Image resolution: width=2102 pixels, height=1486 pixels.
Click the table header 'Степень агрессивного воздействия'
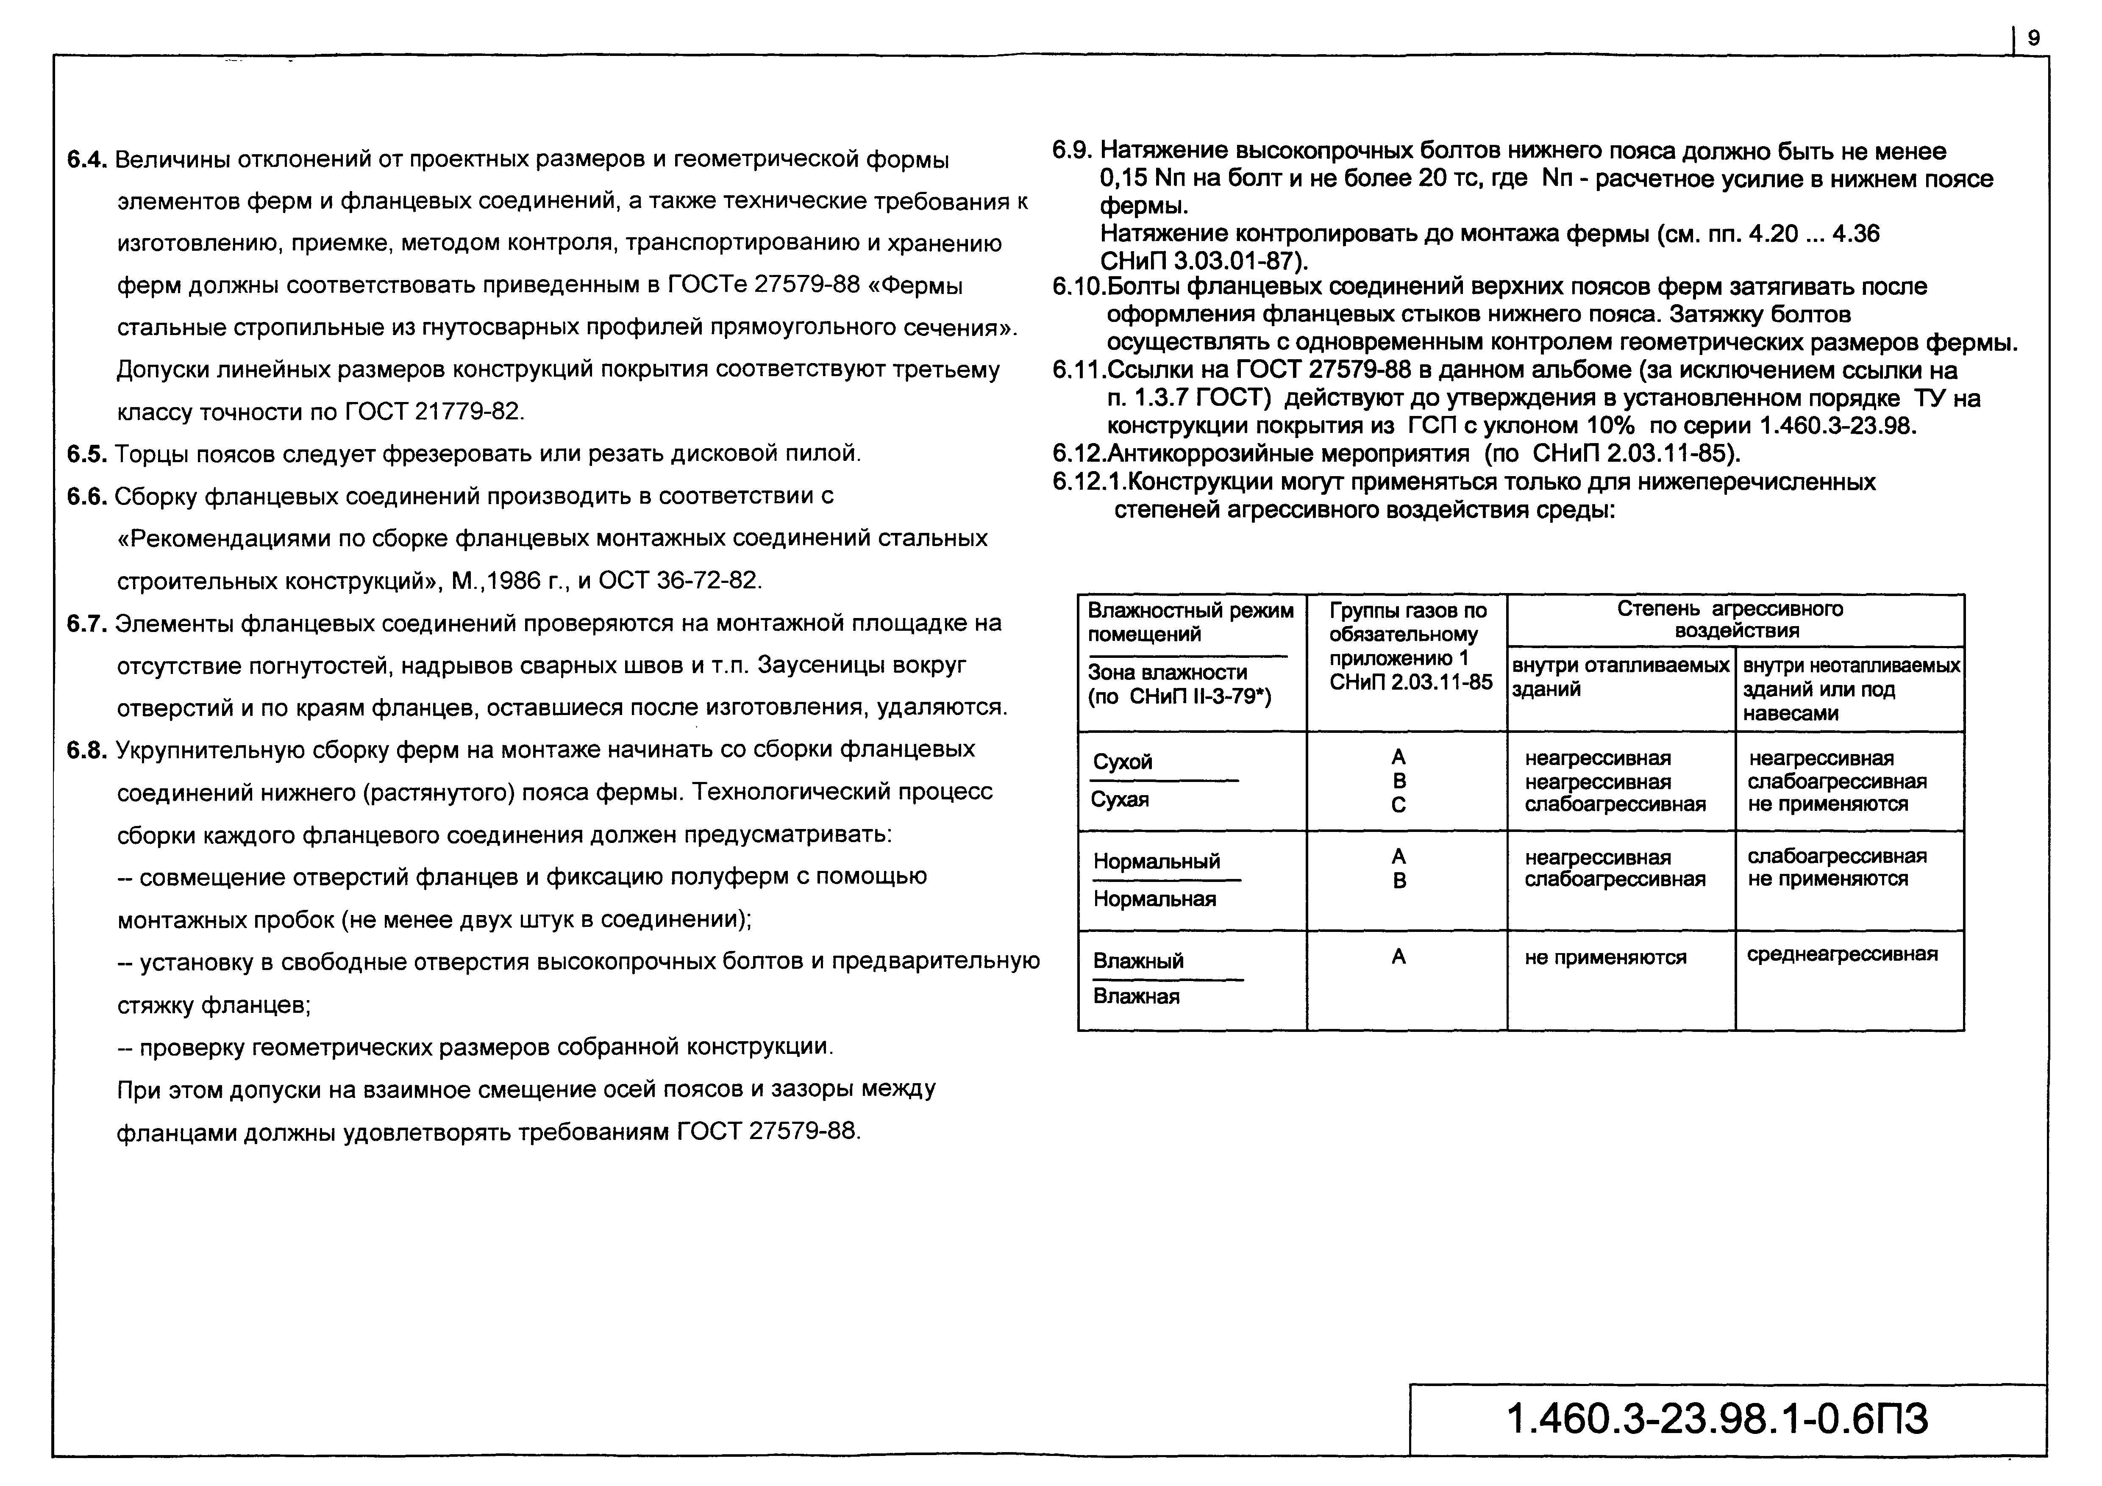click(x=1735, y=619)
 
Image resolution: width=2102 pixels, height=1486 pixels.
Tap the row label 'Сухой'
click(x=1123, y=762)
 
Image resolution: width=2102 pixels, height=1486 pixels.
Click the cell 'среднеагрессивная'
click(x=1842, y=954)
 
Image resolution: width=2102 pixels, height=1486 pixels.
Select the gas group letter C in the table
click(x=1398, y=805)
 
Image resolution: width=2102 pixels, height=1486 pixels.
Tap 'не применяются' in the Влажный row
click(x=1605, y=957)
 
